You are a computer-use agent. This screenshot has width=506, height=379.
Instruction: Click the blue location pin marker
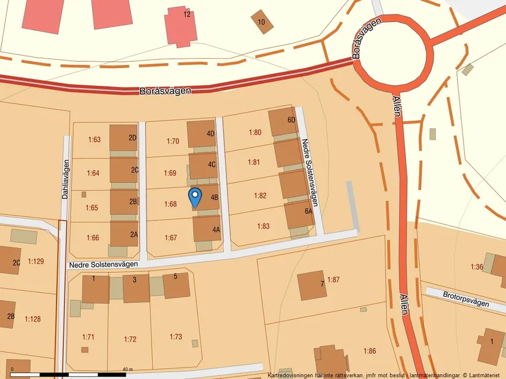click(195, 197)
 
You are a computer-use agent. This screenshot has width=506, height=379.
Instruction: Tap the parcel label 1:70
click(172, 141)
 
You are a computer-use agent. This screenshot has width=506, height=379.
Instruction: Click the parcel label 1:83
click(263, 226)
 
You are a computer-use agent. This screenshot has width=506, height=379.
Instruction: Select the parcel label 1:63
click(94, 140)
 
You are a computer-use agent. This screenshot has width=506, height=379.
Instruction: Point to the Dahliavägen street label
click(65, 179)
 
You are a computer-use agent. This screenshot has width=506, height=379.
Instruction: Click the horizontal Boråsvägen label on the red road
click(165, 90)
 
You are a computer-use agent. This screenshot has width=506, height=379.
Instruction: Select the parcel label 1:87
click(333, 280)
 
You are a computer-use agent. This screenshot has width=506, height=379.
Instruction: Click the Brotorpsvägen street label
click(466, 302)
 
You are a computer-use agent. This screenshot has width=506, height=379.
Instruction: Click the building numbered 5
click(176, 285)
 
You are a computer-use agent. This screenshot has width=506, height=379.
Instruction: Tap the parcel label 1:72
click(130, 339)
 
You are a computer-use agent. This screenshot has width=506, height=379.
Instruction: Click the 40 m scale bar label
click(127, 369)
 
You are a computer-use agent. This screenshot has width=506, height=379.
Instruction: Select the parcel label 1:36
click(477, 267)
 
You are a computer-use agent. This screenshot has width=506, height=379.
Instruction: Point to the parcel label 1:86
click(369, 351)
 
